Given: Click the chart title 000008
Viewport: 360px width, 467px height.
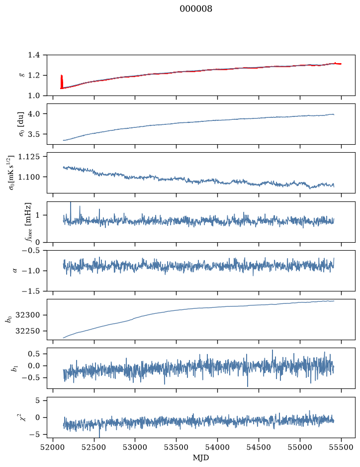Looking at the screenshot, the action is [196, 9].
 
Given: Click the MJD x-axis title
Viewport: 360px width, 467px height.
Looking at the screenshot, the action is [201, 458].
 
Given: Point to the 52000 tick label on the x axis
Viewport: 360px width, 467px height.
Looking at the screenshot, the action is [53, 448].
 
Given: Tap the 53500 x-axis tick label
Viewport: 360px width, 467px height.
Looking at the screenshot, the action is [177, 448].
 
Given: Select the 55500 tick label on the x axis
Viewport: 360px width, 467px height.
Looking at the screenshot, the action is [341, 448].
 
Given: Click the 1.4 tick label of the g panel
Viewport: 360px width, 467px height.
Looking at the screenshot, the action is [34, 55].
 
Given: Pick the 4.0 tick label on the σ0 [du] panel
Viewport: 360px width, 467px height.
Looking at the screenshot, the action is [34, 114].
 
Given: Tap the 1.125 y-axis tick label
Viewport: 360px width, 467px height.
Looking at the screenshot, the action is [29, 157].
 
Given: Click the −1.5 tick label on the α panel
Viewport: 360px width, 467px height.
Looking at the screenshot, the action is [31, 291].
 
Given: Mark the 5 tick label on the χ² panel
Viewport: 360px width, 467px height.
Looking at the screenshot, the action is [37, 400].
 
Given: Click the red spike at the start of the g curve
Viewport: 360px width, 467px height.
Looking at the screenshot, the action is [62, 82].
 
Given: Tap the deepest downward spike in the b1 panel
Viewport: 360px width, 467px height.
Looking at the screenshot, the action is [248, 378].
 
